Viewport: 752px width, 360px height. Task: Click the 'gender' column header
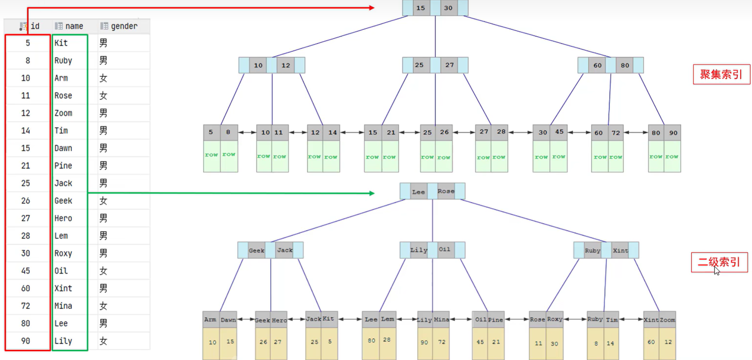[124, 26]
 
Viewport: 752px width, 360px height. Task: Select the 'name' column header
[74, 26]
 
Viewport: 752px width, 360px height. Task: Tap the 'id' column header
[35, 26]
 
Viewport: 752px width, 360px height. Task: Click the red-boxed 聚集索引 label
[721, 74]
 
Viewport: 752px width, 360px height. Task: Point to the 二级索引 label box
[719, 262]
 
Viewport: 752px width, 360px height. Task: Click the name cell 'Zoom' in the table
[64, 113]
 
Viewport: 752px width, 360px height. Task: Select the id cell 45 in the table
[26, 271]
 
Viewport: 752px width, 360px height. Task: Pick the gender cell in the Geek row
[104, 201]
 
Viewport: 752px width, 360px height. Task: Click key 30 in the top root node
[448, 8]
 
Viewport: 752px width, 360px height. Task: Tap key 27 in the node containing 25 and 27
[449, 65]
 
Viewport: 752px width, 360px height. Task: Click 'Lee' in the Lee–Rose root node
[418, 192]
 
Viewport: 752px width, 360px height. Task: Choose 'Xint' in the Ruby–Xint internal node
[620, 250]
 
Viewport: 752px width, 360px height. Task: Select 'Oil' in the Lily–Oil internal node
[444, 250]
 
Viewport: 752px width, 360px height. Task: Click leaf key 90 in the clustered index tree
[673, 133]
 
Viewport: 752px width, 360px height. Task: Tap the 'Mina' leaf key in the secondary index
[441, 320]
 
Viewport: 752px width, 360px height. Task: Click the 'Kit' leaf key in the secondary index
[328, 319]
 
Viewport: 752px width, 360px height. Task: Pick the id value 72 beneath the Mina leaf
[441, 342]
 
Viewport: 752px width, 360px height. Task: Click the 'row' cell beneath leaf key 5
[211, 155]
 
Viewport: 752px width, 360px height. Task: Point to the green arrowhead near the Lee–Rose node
[372, 193]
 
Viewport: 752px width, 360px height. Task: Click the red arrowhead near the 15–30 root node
[372, 8]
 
